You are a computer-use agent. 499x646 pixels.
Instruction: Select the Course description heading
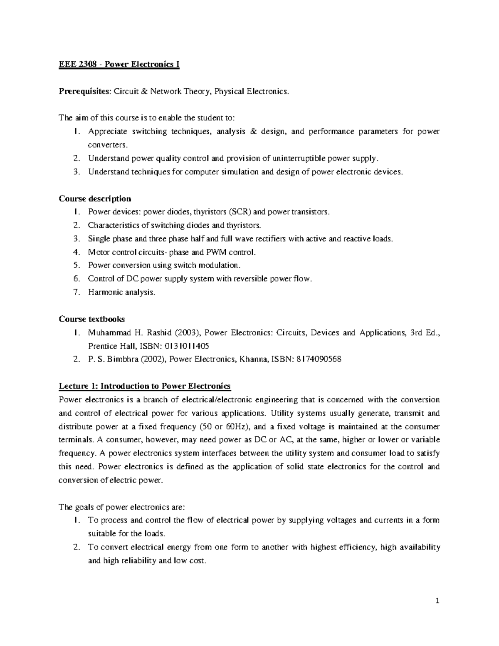pos(95,198)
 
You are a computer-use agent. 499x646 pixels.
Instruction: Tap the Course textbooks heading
pos(91,319)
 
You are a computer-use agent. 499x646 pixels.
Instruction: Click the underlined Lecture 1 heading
pos(144,386)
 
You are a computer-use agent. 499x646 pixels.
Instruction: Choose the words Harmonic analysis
pos(121,292)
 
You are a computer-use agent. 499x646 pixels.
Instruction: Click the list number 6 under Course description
pos(76,279)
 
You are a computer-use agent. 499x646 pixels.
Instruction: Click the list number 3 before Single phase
pos(76,239)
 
